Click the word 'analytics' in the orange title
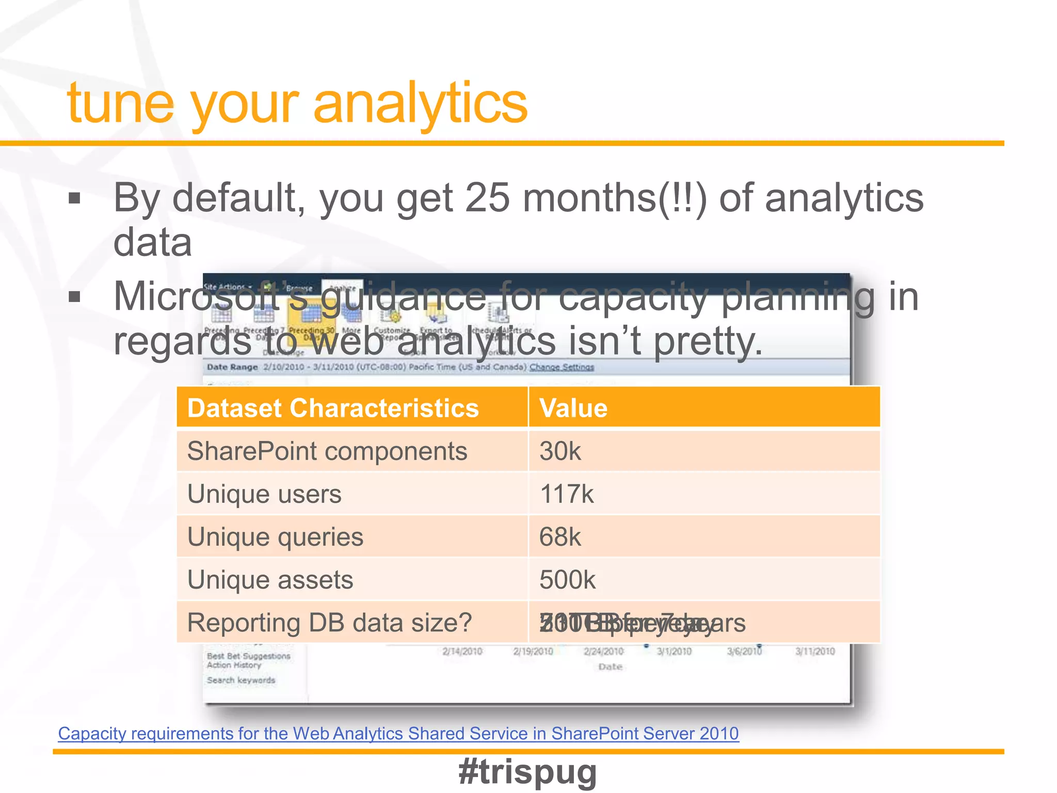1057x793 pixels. pos(420,103)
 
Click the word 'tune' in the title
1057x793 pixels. pos(120,103)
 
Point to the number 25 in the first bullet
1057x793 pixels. pos(487,198)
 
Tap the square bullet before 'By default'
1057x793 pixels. pos(75,198)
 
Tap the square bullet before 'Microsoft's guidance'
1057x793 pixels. pos(75,297)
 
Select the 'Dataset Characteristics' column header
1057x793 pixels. pos(333,408)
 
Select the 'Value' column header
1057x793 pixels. pos(573,408)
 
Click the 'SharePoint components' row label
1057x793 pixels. pos(327,451)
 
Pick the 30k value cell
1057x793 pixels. pos(560,451)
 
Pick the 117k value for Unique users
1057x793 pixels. pos(566,494)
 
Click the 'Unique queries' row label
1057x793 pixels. pos(275,537)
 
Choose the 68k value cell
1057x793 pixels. pos(560,537)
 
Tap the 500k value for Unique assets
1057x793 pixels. pos(567,580)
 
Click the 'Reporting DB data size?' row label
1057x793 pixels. pos(329,623)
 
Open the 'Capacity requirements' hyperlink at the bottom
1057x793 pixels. pos(398,734)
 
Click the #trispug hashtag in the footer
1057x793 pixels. pos(527,772)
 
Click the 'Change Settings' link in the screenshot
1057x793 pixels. pos(562,367)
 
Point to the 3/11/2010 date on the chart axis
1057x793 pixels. pos(814,652)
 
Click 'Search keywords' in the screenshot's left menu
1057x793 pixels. pos(241,680)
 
